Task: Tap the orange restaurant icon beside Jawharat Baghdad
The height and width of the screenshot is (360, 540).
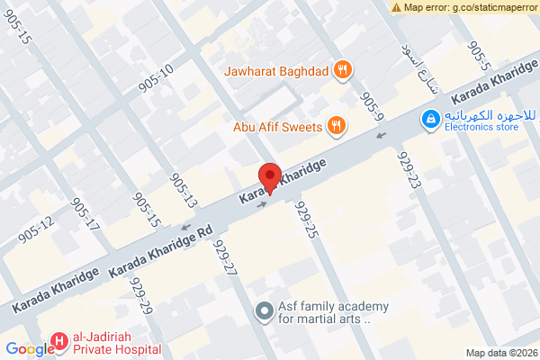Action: tap(342, 69)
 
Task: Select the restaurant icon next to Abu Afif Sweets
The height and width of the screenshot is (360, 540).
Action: tap(337, 126)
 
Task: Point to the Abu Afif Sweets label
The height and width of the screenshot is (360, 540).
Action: tap(278, 127)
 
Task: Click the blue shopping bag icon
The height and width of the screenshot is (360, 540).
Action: tap(431, 118)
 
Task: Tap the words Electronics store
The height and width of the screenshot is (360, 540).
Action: tap(481, 128)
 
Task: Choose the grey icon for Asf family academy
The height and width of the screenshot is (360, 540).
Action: tap(264, 311)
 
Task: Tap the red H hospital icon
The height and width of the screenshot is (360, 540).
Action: tap(59, 340)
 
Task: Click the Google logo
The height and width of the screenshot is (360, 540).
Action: tap(29, 349)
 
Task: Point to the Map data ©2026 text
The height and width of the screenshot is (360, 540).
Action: tap(500, 353)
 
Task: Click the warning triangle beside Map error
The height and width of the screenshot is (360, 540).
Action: tap(396, 6)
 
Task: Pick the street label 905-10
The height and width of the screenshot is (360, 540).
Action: tap(156, 79)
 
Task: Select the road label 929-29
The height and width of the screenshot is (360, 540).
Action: tap(141, 294)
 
